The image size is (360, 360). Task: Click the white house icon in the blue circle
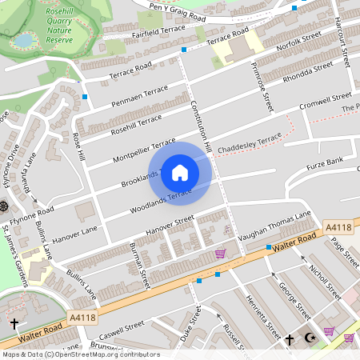[180, 173]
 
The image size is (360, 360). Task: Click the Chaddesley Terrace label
[250, 143]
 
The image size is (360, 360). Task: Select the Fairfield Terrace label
[157, 31]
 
